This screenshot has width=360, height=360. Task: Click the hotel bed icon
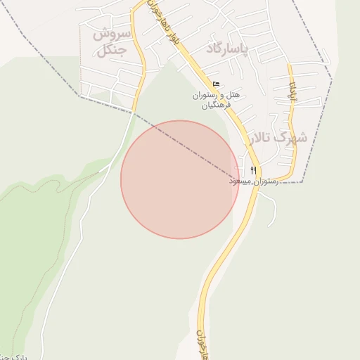[215, 84]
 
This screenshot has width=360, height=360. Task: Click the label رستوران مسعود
[253, 181]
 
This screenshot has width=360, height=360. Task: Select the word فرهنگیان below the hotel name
[216, 105]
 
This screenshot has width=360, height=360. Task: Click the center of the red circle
[180, 179]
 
